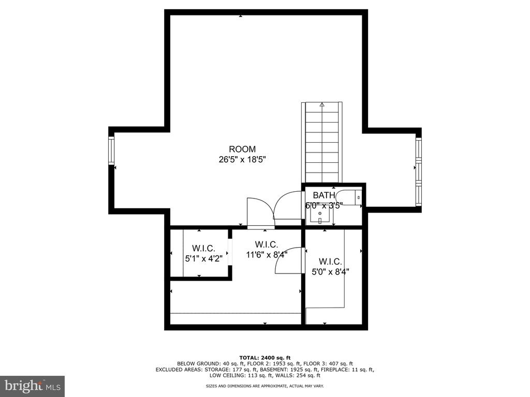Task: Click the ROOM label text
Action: pyautogui.click(x=242, y=149)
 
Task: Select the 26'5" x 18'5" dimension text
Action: pyautogui.click(x=242, y=159)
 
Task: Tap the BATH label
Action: pyautogui.click(x=324, y=195)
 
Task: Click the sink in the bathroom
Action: pyautogui.click(x=320, y=215)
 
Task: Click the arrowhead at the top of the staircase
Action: pyautogui.click(x=322, y=104)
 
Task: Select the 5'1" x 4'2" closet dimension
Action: pyautogui.click(x=204, y=259)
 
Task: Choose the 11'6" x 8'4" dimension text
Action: pyautogui.click(x=267, y=254)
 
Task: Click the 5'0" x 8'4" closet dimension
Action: pyautogui.click(x=330, y=271)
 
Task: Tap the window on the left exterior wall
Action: pyautogui.click(x=111, y=150)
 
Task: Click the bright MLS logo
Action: pyautogui.click(x=33, y=386)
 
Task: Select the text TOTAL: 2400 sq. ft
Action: pyautogui.click(x=264, y=358)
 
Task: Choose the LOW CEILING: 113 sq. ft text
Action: pyautogui.click(x=239, y=375)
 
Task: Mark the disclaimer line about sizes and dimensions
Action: pyautogui.click(x=264, y=386)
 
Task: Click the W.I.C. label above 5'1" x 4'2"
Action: pyautogui.click(x=203, y=248)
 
